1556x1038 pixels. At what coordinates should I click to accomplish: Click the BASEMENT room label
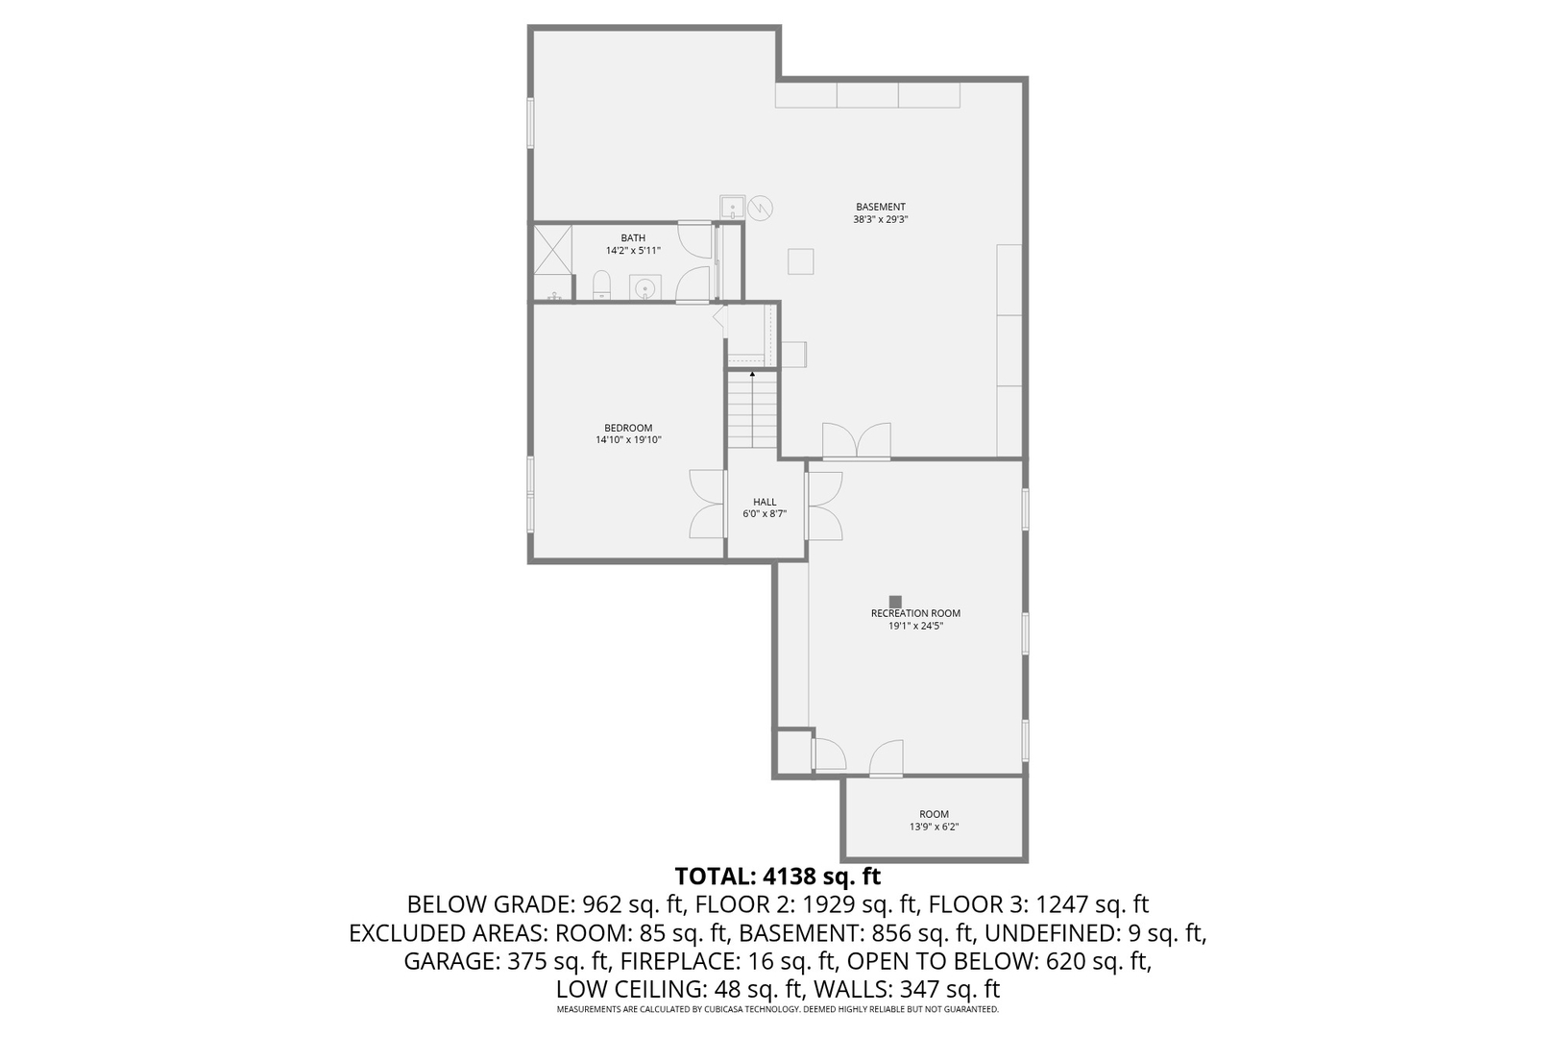[x=880, y=207]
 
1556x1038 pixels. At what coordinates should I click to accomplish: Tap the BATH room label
[x=632, y=237]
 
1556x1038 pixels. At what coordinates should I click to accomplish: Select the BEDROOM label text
[x=628, y=428]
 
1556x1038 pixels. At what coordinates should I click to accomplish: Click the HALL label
[x=765, y=502]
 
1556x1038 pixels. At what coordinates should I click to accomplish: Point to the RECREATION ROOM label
[x=915, y=613]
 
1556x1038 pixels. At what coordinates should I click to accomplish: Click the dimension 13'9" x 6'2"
[x=934, y=827]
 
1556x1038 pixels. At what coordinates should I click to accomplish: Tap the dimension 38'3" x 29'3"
[x=880, y=219]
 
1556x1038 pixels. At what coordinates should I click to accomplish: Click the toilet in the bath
[x=601, y=285]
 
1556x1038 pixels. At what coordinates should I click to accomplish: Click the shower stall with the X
[x=553, y=250]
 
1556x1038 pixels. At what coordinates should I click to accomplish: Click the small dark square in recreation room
[x=895, y=602]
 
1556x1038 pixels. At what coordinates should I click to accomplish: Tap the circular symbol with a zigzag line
[x=761, y=208]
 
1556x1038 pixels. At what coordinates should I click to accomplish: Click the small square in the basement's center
[x=801, y=261]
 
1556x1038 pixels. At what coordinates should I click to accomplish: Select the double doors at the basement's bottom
[x=857, y=441]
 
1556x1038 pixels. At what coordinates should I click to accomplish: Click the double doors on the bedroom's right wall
[x=706, y=505]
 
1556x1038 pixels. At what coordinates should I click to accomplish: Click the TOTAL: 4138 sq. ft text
[x=777, y=877]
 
